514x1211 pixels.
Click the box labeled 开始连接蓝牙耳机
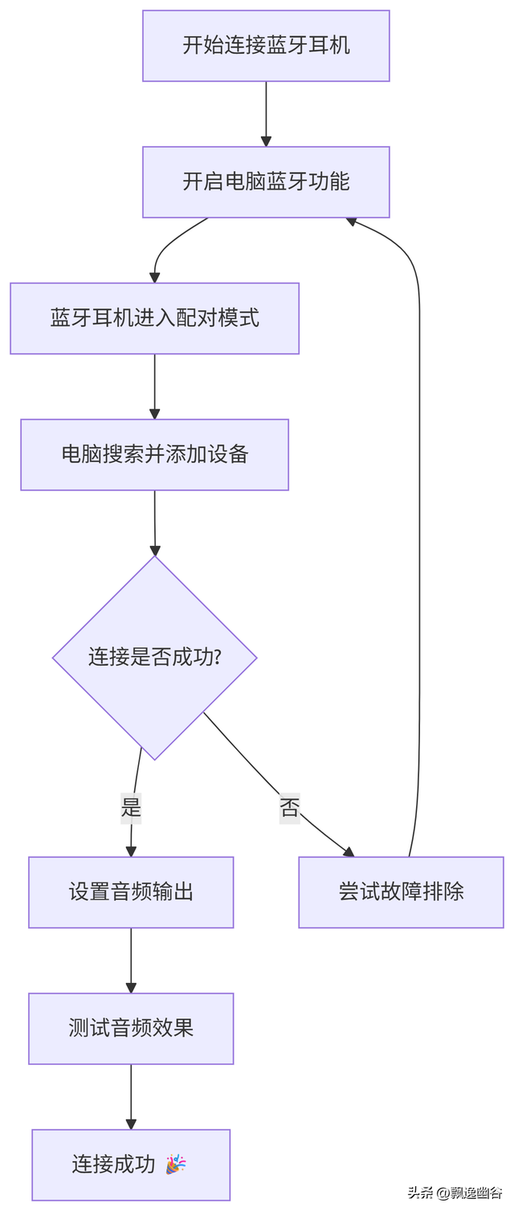tap(266, 46)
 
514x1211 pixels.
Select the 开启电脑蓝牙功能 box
tap(266, 182)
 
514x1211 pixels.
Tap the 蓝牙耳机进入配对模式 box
tap(154, 318)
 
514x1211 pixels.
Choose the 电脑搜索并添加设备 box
tap(154, 455)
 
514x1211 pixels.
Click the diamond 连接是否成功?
tap(154, 657)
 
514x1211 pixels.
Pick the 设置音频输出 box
tap(131, 892)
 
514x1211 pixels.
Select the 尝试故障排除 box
tap(401, 892)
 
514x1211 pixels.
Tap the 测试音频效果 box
tap(131, 1029)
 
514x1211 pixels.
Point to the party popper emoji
tap(175, 1164)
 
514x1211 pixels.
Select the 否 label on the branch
tap(289, 808)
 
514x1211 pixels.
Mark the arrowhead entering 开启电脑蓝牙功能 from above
tap(266, 141)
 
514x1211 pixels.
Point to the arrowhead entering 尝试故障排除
tap(349, 851)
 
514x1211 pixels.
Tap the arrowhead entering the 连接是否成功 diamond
tap(155, 550)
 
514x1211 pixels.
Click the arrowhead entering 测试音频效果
tap(131, 988)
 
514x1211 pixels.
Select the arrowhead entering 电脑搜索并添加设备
tap(154, 414)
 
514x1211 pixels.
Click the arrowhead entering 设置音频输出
tap(131, 851)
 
